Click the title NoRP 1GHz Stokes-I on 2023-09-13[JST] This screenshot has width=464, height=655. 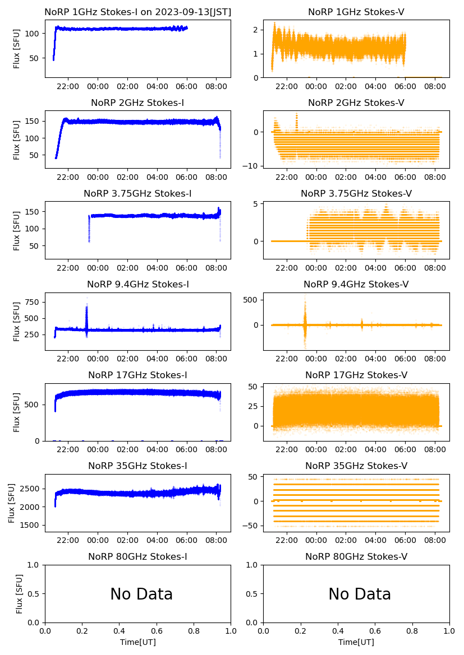point(137,12)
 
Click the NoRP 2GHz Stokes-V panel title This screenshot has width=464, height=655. point(356,103)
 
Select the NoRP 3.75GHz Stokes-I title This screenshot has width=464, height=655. point(137,193)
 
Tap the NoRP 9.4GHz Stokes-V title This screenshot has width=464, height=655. point(356,284)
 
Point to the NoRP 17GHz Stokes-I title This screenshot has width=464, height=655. point(137,375)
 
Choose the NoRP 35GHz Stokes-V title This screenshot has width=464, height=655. point(356,466)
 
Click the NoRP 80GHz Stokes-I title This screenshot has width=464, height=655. point(137,556)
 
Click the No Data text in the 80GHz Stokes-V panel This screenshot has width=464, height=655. point(359,594)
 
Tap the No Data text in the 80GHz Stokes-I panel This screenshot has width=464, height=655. point(141,594)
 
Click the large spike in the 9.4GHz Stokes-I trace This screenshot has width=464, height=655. point(86,314)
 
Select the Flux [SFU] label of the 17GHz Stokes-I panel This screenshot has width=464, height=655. point(17,412)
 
